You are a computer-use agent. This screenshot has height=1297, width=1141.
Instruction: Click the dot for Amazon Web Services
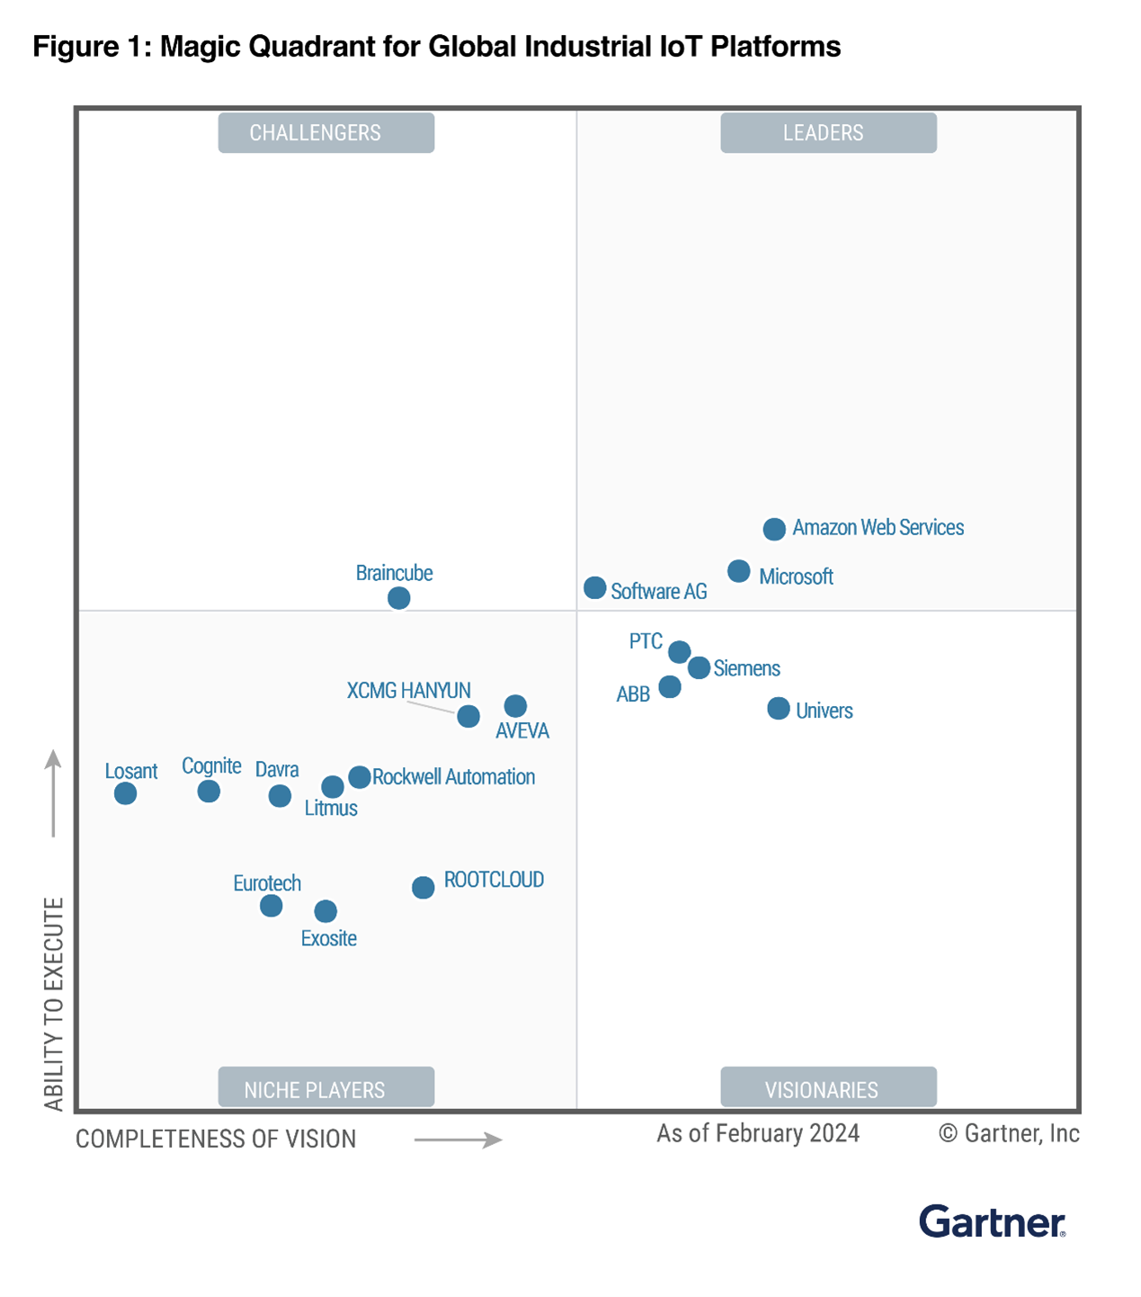coord(774,529)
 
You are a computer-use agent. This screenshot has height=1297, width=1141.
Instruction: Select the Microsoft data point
coord(738,571)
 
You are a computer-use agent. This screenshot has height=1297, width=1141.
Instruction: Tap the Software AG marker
coord(594,588)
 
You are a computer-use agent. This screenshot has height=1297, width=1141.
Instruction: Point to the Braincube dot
coord(398,598)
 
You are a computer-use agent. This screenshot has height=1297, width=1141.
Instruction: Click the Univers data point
coord(779,709)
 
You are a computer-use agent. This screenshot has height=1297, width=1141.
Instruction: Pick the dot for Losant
coord(125,793)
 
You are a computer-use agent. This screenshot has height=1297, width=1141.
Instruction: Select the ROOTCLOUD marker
coord(423,888)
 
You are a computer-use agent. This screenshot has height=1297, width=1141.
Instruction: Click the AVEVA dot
coord(515,706)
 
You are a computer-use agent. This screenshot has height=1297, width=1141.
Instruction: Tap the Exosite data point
coord(325,911)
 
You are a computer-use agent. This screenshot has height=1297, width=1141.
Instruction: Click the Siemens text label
coord(746,668)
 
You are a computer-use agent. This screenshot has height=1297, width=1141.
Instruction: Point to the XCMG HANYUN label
coord(408,691)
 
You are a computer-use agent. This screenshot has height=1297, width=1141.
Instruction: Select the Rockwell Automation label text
coord(453,777)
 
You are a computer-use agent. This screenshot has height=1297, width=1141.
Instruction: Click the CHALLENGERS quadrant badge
coord(325,133)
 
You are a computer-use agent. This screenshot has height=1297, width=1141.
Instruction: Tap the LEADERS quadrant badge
coord(828,133)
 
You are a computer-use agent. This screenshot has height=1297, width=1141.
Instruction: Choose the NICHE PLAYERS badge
coord(325,1088)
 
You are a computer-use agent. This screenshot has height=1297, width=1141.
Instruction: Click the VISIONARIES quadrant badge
coord(828,1088)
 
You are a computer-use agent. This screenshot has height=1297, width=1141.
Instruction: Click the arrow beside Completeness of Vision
coord(458,1140)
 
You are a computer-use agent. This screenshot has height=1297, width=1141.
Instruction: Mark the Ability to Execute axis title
coord(54,1003)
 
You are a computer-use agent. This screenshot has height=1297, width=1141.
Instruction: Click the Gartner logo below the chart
coord(992,1222)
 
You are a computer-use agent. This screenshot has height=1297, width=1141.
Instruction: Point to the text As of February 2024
coord(758,1133)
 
